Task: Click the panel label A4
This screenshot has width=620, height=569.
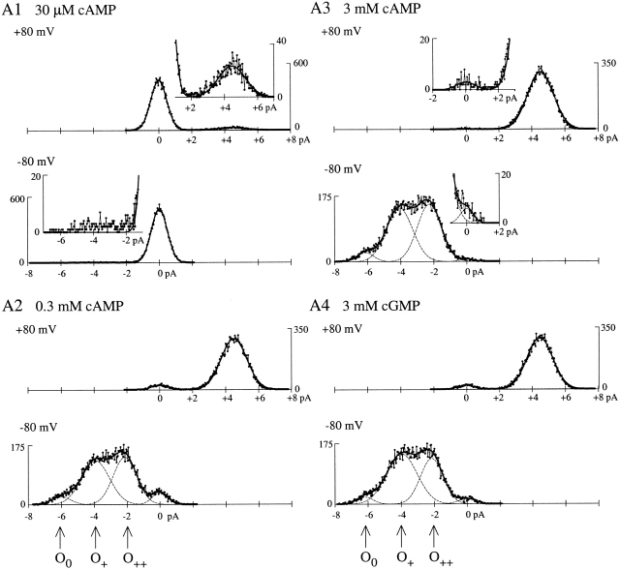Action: [x=321, y=304]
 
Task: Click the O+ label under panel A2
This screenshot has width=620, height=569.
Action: [x=98, y=556]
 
